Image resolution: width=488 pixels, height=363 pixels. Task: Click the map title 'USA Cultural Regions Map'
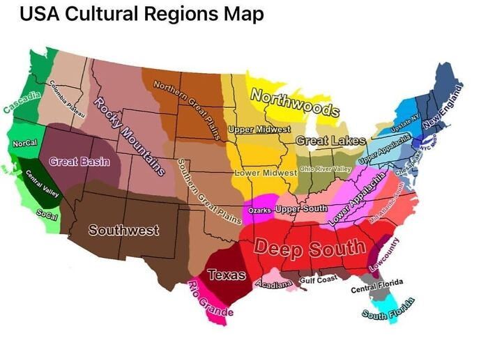tap(141, 14)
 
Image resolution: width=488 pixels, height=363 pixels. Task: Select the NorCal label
tap(25, 144)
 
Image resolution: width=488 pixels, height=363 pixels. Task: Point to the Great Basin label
tap(79, 162)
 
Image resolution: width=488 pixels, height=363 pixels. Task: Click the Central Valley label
tap(41, 183)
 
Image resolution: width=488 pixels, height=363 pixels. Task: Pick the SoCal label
tap(47, 215)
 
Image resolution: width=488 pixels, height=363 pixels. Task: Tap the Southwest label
tap(123, 230)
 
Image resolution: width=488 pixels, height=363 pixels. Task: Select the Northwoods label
tap(293, 103)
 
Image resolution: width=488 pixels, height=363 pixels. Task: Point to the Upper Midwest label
tap(259, 130)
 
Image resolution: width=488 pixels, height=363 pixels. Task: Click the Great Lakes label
tap(330, 141)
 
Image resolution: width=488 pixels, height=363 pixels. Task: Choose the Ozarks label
tap(260, 210)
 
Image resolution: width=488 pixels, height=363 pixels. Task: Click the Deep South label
tap(309, 247)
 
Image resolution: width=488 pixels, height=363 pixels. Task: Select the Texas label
tap(227, 275)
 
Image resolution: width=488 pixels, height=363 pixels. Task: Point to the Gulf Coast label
tap(318, 279)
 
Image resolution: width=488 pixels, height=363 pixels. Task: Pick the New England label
tap(443, 105)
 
